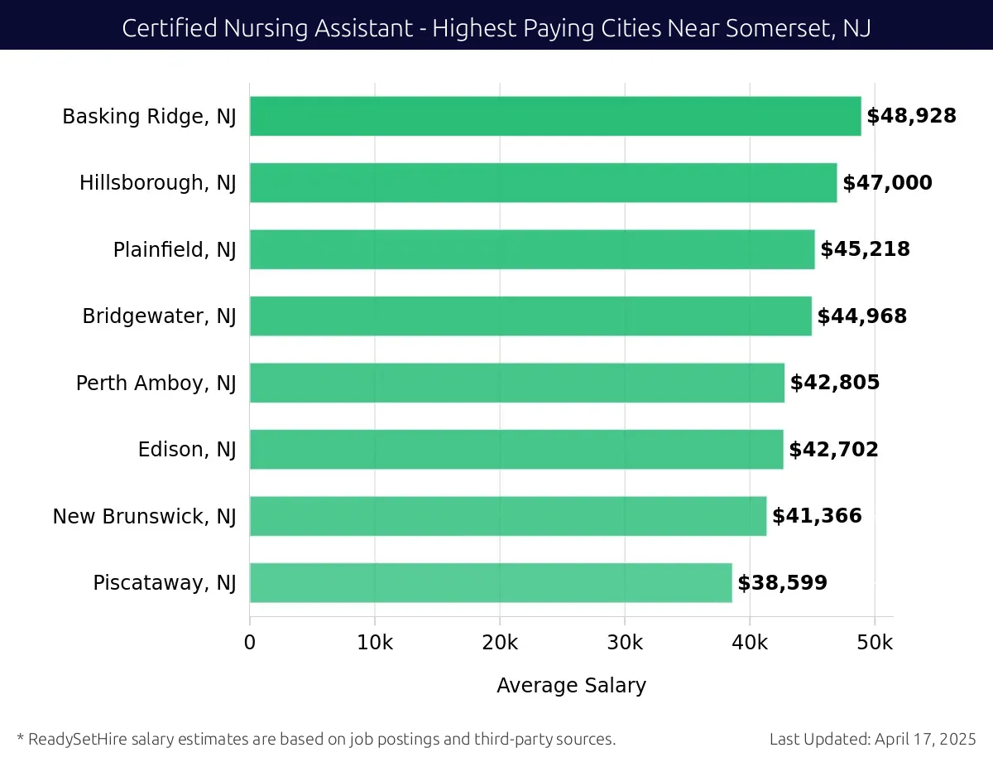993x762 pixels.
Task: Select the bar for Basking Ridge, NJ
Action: [554, 116]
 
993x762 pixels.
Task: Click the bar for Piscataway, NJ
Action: [490, 583]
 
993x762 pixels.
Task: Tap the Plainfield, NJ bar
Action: [531, 249]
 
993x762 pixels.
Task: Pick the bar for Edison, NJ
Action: [516, 450]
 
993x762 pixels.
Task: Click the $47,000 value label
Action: [887, 183]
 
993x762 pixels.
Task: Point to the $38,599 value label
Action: [782, 583]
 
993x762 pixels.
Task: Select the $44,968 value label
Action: [861, 316]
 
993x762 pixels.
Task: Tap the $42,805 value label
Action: [834, 383]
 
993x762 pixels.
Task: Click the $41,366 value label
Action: [817, 517]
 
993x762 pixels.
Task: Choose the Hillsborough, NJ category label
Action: [158, 183]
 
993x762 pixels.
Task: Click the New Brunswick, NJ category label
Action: [145, 517]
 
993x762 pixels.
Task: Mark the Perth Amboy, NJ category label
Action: [156, 383]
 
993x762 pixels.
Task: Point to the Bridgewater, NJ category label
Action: [159, 316]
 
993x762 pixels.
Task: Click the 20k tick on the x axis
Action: [500, 644]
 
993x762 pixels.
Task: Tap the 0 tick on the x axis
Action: [250, 644]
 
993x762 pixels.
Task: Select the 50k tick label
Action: [875, 644]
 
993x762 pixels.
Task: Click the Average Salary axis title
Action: [571, 686]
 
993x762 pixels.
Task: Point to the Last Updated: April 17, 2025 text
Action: [872, 739]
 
